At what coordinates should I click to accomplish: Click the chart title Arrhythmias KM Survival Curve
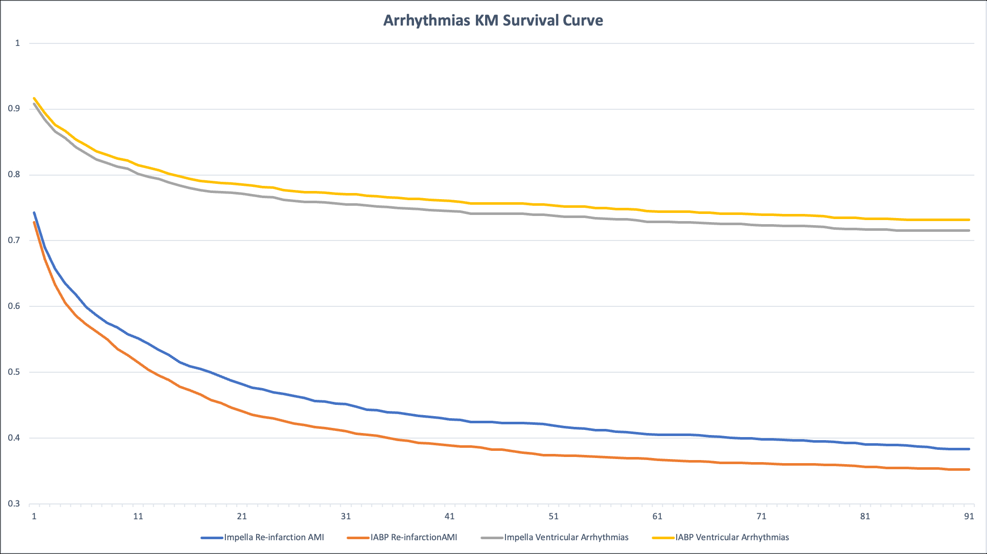[493, 20]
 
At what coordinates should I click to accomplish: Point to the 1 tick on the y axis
[17, 43]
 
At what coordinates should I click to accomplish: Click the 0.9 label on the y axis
[14, 108]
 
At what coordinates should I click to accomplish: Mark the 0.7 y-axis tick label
[14, 240]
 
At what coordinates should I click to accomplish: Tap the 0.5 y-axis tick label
[14, 372]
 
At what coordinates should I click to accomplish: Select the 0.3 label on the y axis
[14, 503]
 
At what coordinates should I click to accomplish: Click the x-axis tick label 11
[138, 516]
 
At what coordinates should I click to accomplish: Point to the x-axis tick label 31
[346, 516]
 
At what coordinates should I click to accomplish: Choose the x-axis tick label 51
[554, 516]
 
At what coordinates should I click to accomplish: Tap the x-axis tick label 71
[762, 516]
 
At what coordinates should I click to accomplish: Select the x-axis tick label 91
[969, 516]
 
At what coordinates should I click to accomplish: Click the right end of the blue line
[969, 449]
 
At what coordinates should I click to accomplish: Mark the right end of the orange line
[969, 469]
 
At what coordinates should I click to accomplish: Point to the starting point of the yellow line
[34, 98]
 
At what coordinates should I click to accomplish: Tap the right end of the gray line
[969, 230]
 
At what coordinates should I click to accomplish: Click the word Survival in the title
[531, 20]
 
